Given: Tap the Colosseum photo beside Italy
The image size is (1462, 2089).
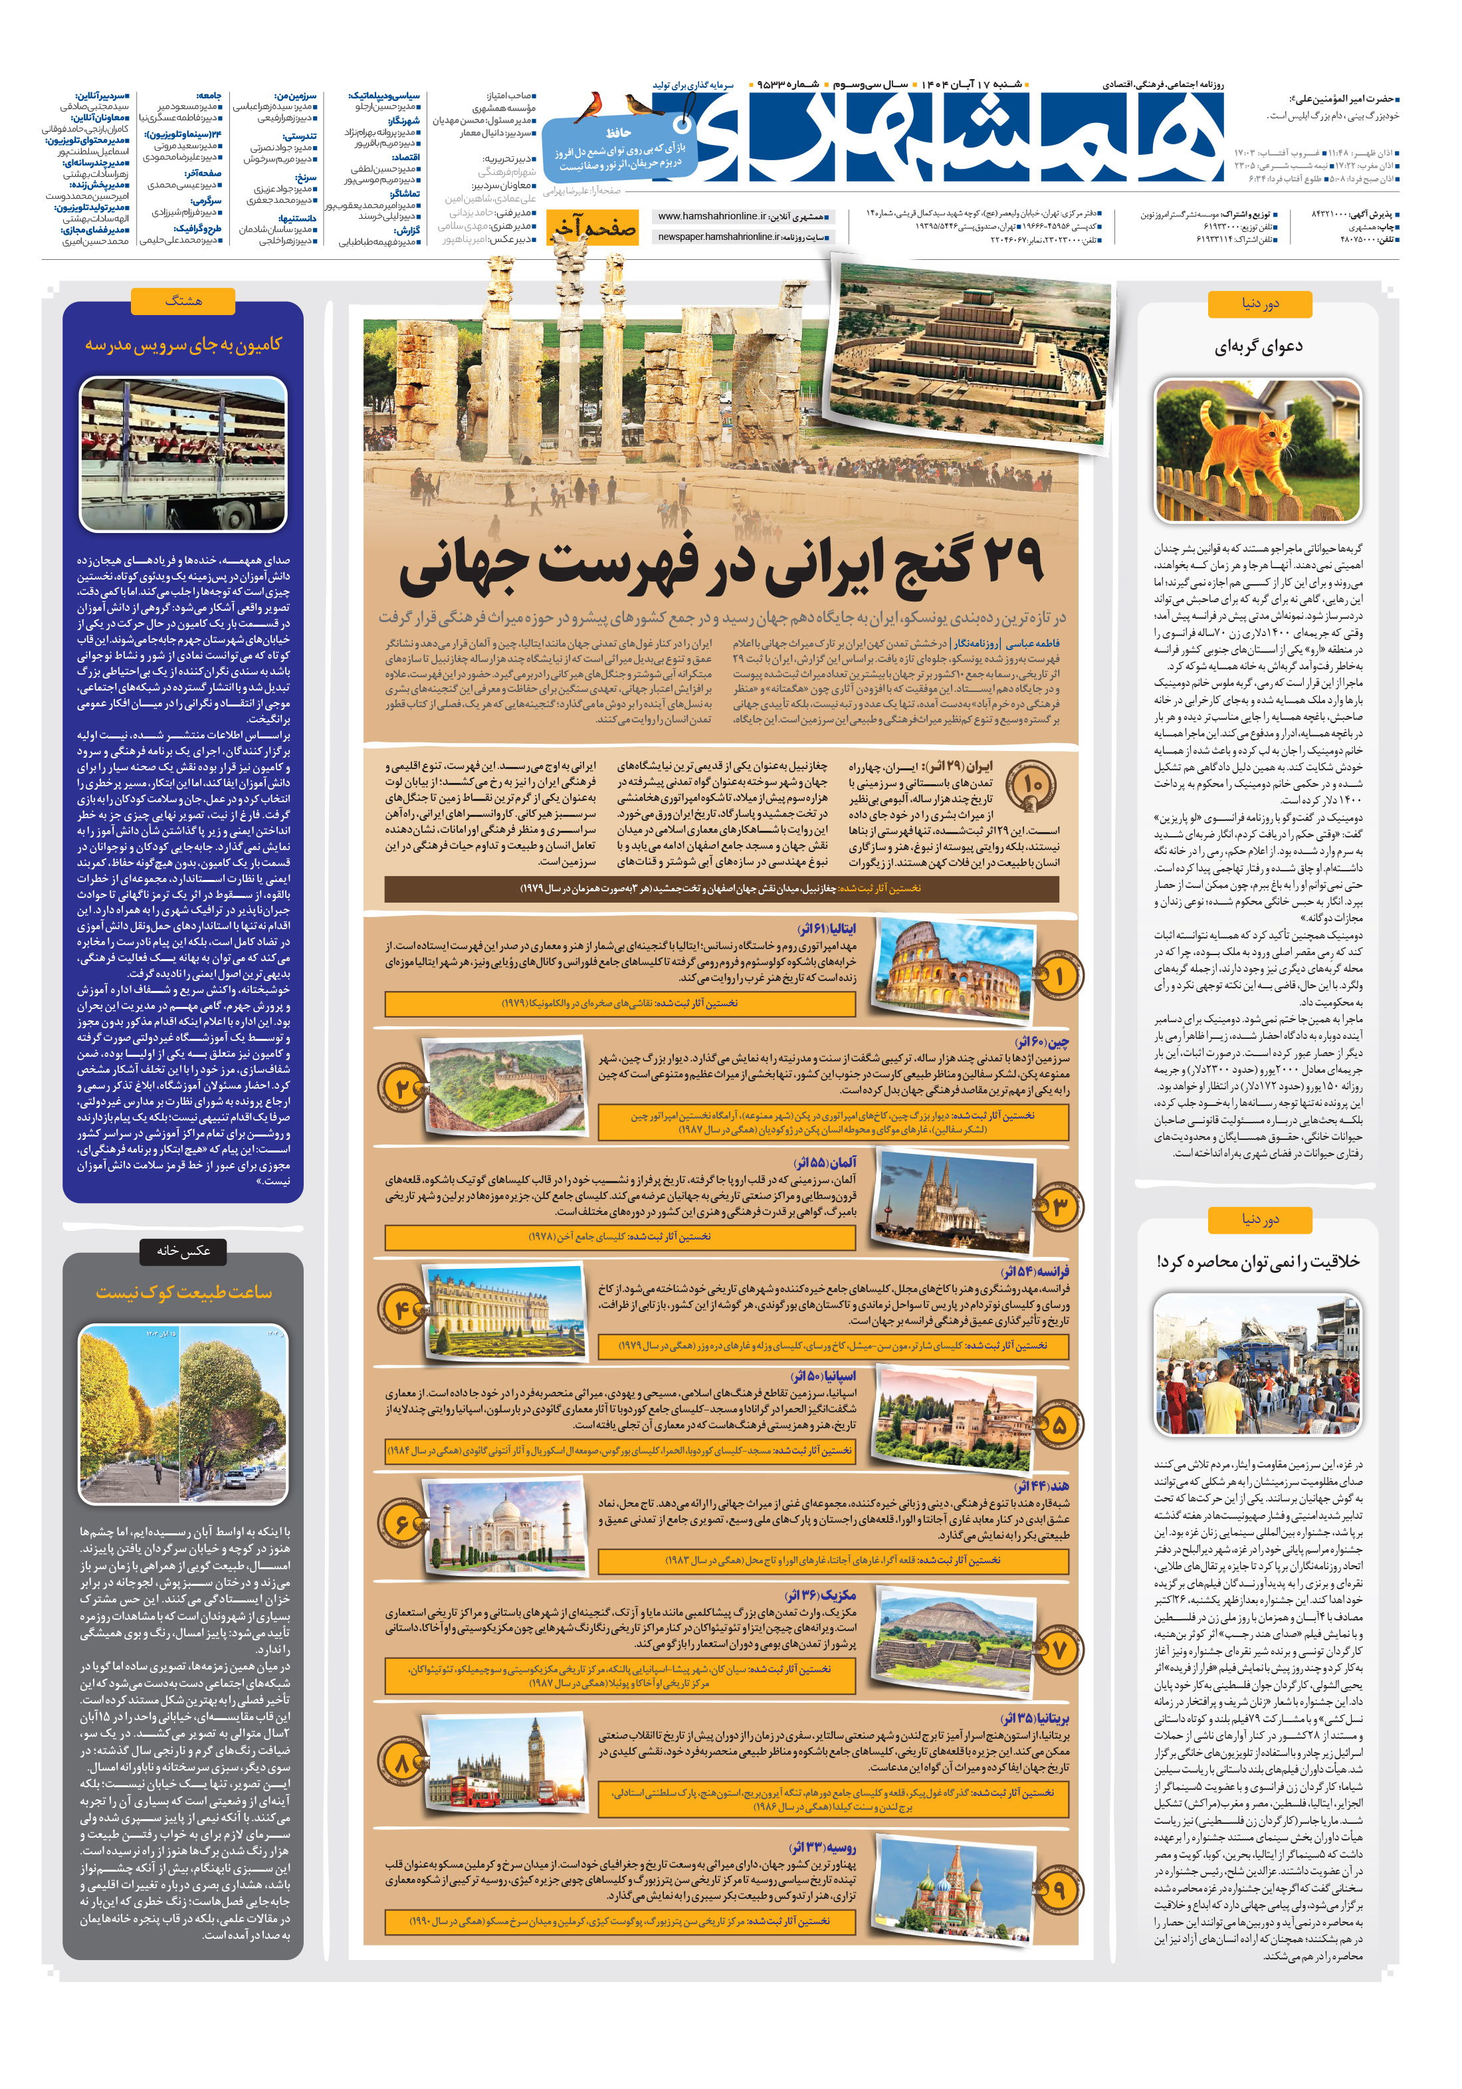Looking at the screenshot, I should coord(954,970).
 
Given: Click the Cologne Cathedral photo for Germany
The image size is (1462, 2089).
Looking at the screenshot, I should coord(954,1202).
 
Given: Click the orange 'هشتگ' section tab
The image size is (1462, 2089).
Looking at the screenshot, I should coord(183,300).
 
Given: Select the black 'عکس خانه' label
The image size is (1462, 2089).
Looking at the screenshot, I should coord(182,1251).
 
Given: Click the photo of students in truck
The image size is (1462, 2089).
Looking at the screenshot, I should coord(182,452).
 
